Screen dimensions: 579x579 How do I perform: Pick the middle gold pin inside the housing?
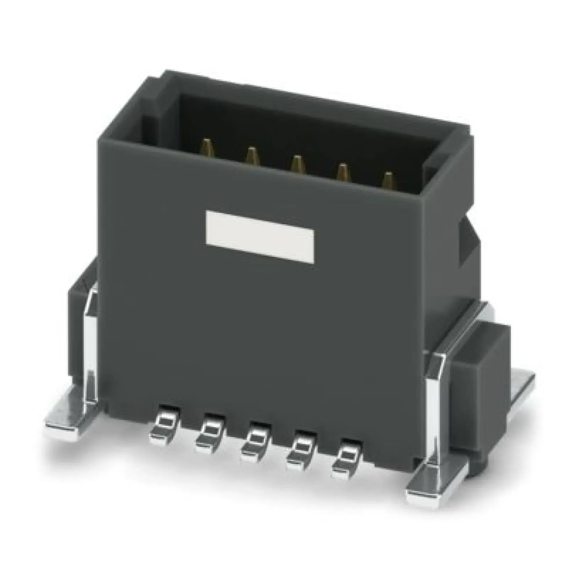(296, 164)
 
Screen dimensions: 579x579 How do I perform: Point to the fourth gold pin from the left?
(342, 173)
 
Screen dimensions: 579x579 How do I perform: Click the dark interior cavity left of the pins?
(171, 126)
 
